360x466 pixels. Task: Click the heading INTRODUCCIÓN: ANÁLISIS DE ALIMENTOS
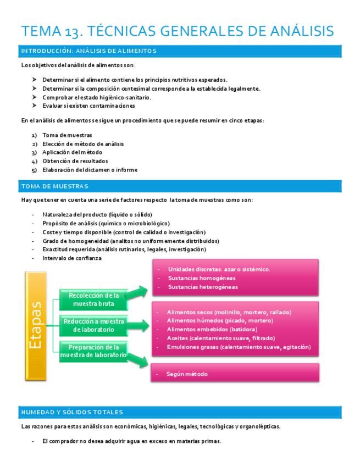click(x=88, y=51)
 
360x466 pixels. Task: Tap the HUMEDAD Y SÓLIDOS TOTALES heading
click(x=71, y=412)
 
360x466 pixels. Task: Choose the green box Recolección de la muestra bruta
click(x=93, y=300)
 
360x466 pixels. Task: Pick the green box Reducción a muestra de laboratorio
click(x=93, y=325)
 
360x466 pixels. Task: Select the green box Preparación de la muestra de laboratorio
click(x=93, y=351)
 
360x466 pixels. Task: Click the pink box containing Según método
click(x=235, y=374)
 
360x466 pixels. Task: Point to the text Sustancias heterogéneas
click(x=203, y=287)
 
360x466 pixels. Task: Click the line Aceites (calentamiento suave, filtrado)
click(x=221, y=338)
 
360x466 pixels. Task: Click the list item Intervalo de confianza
click(x=72, y=258)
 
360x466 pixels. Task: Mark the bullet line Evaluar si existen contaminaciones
click(x=88, y=106)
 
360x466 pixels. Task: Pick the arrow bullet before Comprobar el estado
click(x=35, y=97)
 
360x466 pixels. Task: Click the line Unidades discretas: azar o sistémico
click(x=219, y=269)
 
